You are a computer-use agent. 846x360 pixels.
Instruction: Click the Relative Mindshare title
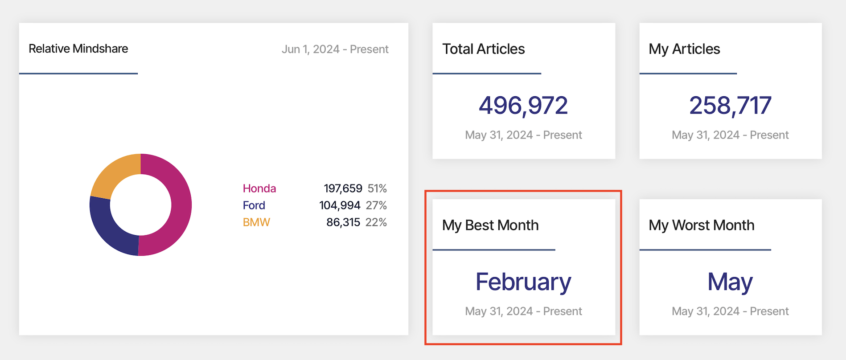78,49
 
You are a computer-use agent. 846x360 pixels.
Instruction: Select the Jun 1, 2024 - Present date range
335,49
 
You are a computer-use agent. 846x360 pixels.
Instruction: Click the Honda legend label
259,188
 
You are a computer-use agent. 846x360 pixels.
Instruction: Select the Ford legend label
254,205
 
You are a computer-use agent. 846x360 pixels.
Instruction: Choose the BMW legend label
256,222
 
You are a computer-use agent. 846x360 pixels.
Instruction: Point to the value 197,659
343,188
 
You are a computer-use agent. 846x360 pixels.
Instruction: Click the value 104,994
340,205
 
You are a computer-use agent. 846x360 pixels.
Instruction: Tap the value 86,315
343,222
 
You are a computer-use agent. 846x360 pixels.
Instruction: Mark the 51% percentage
377,188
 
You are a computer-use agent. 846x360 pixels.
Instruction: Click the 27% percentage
376,205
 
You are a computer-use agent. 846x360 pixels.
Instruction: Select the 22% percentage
376,222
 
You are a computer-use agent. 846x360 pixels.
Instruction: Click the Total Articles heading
484,49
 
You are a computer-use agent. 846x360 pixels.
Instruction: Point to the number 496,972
523,106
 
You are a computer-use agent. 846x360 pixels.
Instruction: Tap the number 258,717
730,106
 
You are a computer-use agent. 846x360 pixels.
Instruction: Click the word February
523,282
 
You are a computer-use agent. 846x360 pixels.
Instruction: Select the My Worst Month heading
702,225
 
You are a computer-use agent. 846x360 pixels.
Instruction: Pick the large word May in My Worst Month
730,282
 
